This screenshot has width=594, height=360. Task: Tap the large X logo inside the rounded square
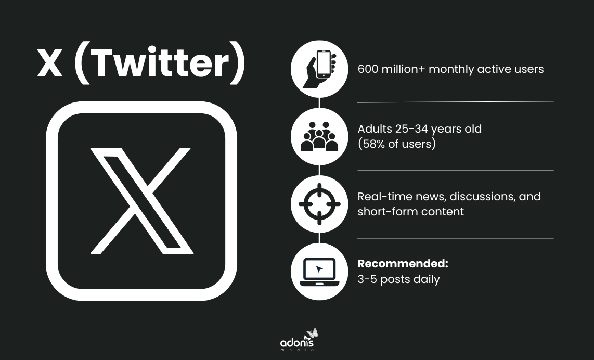pos(141,200)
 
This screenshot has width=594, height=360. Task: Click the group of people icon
pos(319,136)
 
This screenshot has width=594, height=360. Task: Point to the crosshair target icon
pos(319,204)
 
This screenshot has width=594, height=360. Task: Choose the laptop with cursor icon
pos(319,271)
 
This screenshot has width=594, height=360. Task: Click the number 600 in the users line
pos(369,69)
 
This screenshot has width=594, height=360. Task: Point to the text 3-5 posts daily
pos(398,279)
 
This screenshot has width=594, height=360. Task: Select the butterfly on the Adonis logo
pos(312,333)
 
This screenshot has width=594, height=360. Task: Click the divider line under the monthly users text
pos(455,101)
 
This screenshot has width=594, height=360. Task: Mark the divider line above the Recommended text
pos(455,238)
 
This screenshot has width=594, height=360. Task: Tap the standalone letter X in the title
pos(50,65)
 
